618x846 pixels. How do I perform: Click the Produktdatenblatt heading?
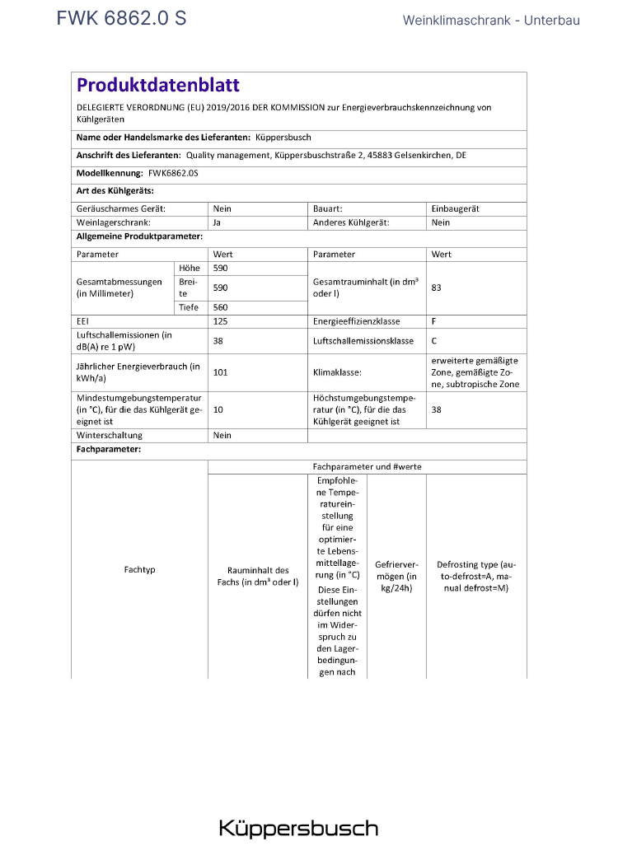pyautogui.click(x=157, y=85)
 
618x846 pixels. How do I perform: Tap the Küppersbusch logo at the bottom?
pyautogui.click(x=298, y=827)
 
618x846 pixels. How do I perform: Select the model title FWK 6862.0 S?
pyautogui.click(x=121, y=19)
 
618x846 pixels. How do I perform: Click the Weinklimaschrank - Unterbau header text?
pyautogui.click(x=491, y=20)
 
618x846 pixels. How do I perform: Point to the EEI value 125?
pyautogui.click(x=220, y=321)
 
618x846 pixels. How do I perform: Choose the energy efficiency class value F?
pyautogui.click(x=434, y=321)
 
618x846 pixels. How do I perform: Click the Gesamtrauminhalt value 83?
pyautogui.click(x=437, y=288)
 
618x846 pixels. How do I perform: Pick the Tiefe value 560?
pyautogui.click(x=220, y=307)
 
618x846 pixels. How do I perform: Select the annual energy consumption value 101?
pyautogui.click(x=220, y=372)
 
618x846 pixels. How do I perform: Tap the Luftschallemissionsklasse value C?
pyautogui.click(x=434, y=340)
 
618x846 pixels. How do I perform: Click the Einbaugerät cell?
pyautogui.click(x=455, y=209)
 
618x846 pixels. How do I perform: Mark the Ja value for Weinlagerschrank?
pyautogui.click(x=217, y=222)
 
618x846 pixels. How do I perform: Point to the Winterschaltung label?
pyautogui.click(x=110, y=435)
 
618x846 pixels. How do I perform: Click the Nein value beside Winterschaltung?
pyautogui.click(x=222, y=435)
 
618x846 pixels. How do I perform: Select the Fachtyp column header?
pyautogui.click(x=139, y=569)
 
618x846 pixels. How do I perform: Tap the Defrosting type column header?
pyautogui.click(x=476, y=576)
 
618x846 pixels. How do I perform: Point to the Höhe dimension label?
pyautogui.click(x=189, y=269)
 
